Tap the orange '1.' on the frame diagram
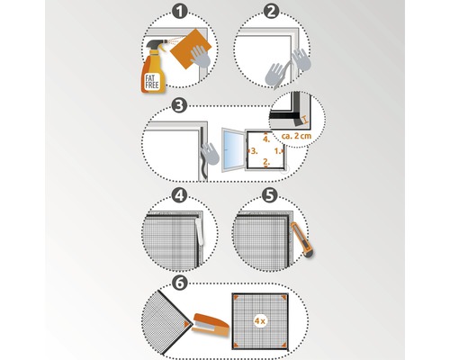[x=277, y=150]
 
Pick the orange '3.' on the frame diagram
[x=254, y=151]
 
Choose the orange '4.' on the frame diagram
[x=265, y=138]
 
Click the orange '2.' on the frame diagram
[x=265, y=163]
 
